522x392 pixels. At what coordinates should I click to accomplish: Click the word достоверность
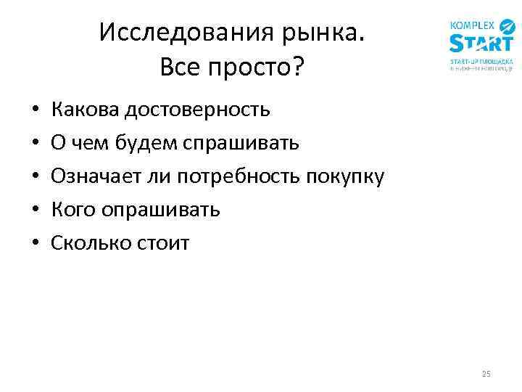(197, 110)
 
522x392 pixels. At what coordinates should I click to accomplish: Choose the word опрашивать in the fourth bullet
(160, 211)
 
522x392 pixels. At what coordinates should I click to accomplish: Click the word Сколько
(90, 242)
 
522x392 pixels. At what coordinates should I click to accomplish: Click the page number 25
(486, 374)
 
